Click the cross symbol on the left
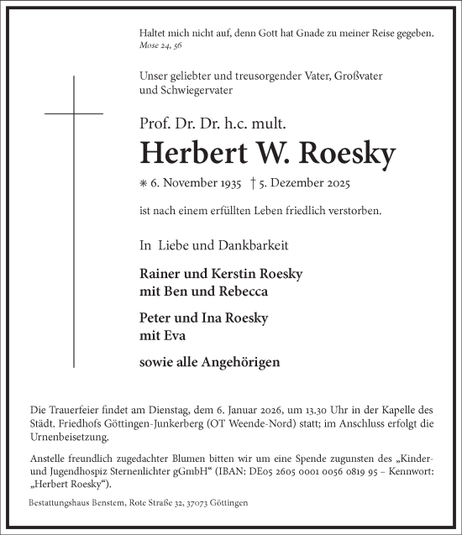(74, 113)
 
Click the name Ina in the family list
(218, 318)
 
